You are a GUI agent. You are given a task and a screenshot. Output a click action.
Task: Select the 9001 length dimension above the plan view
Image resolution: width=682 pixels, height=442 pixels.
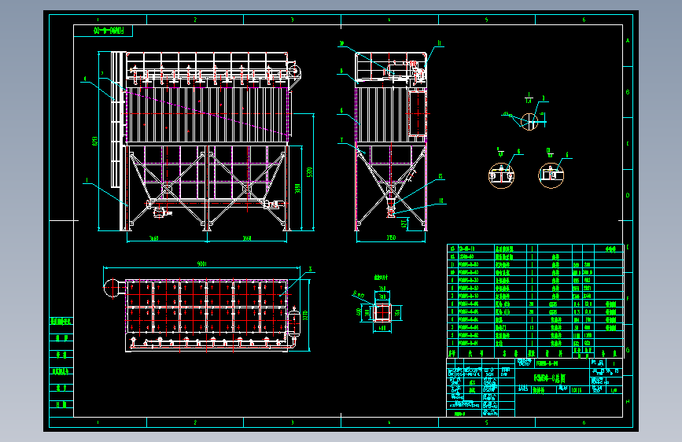(x=201, y=264)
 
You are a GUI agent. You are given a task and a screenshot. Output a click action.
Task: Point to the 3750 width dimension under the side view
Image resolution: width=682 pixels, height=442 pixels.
(x=391, y=238)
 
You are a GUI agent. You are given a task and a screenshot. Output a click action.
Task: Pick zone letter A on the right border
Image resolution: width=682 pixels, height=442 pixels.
(x=627, y=41)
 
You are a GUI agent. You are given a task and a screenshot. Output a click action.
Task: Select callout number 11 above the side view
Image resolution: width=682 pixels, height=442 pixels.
(x=440, y=43)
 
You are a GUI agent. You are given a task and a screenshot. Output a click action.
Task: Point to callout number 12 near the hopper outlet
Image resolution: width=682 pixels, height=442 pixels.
(x=441, y=177)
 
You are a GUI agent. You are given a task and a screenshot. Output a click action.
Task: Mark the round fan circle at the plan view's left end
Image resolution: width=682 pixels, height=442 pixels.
(x=110, y=288)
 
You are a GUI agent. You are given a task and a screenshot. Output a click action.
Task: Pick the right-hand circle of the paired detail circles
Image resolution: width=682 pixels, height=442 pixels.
(x=551, y=175)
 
